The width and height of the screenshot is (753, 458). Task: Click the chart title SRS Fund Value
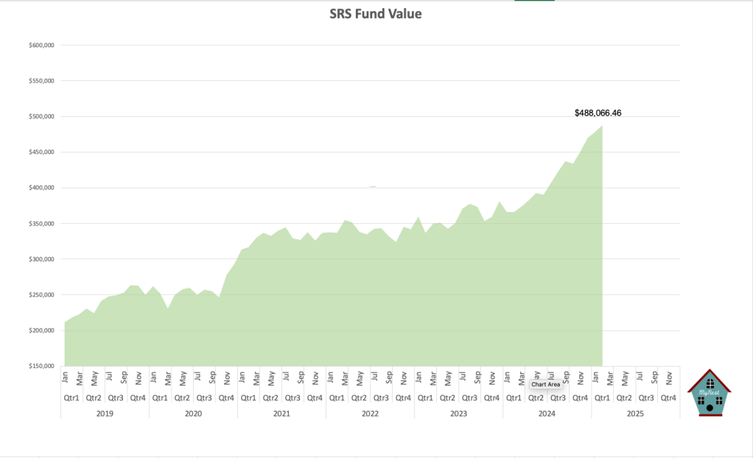[x=376, y=13]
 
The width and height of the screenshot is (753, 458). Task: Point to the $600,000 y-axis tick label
[x=42, y=46]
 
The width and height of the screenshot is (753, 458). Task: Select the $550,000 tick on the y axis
[x=42, y=81]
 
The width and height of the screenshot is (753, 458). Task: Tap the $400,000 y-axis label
[x=42, y=188]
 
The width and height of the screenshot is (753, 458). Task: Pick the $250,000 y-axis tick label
[x=42, y=295]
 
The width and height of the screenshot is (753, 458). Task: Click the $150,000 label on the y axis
[x=42, y=366]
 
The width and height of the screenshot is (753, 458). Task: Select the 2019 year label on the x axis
[x=105, y=414]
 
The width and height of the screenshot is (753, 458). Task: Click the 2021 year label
[x=281, y=414]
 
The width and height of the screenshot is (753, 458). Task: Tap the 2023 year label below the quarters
[x=458, y=414]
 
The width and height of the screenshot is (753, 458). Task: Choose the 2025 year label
[x=635, y=414]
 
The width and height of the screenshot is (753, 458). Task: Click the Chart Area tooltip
[x=546, y=384]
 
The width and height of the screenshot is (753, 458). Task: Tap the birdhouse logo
[x=709, y=393]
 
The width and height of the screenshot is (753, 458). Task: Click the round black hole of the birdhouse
[x=709, y=406]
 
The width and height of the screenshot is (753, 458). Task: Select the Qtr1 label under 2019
[x=71, y=398]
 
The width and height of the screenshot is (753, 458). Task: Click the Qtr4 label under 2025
[x=668, y=398]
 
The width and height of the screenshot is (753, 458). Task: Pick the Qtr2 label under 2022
[x=359, y=398]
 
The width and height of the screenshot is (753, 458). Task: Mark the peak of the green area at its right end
[x=602, y=126]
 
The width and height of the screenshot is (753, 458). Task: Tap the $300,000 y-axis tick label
[x=42, y=259]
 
